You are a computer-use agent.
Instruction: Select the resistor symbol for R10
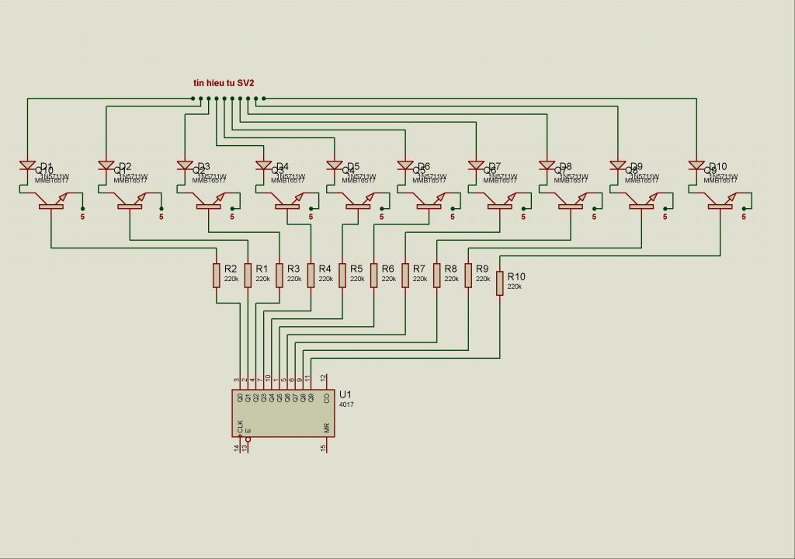[499, 283]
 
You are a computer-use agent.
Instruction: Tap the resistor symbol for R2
[217, 275]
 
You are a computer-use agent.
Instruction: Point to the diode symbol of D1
[28, 166]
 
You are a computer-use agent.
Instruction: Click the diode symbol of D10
[696, 166]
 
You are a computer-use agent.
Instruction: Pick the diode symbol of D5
[335, 166]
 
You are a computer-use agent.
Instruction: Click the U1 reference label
[345, 394]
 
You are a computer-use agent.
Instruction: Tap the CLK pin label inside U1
[241, 426]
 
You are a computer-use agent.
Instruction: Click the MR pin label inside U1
[327, 428]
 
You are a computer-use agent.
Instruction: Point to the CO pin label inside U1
[327, 398]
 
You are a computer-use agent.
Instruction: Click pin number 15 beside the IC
[324, 448]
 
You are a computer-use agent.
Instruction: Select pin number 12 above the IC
[324, 378]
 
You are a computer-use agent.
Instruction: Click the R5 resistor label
[356, 269]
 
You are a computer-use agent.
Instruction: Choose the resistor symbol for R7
[405, 275]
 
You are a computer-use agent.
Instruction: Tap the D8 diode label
[565, 166]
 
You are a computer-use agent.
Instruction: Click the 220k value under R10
[515, 286]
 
